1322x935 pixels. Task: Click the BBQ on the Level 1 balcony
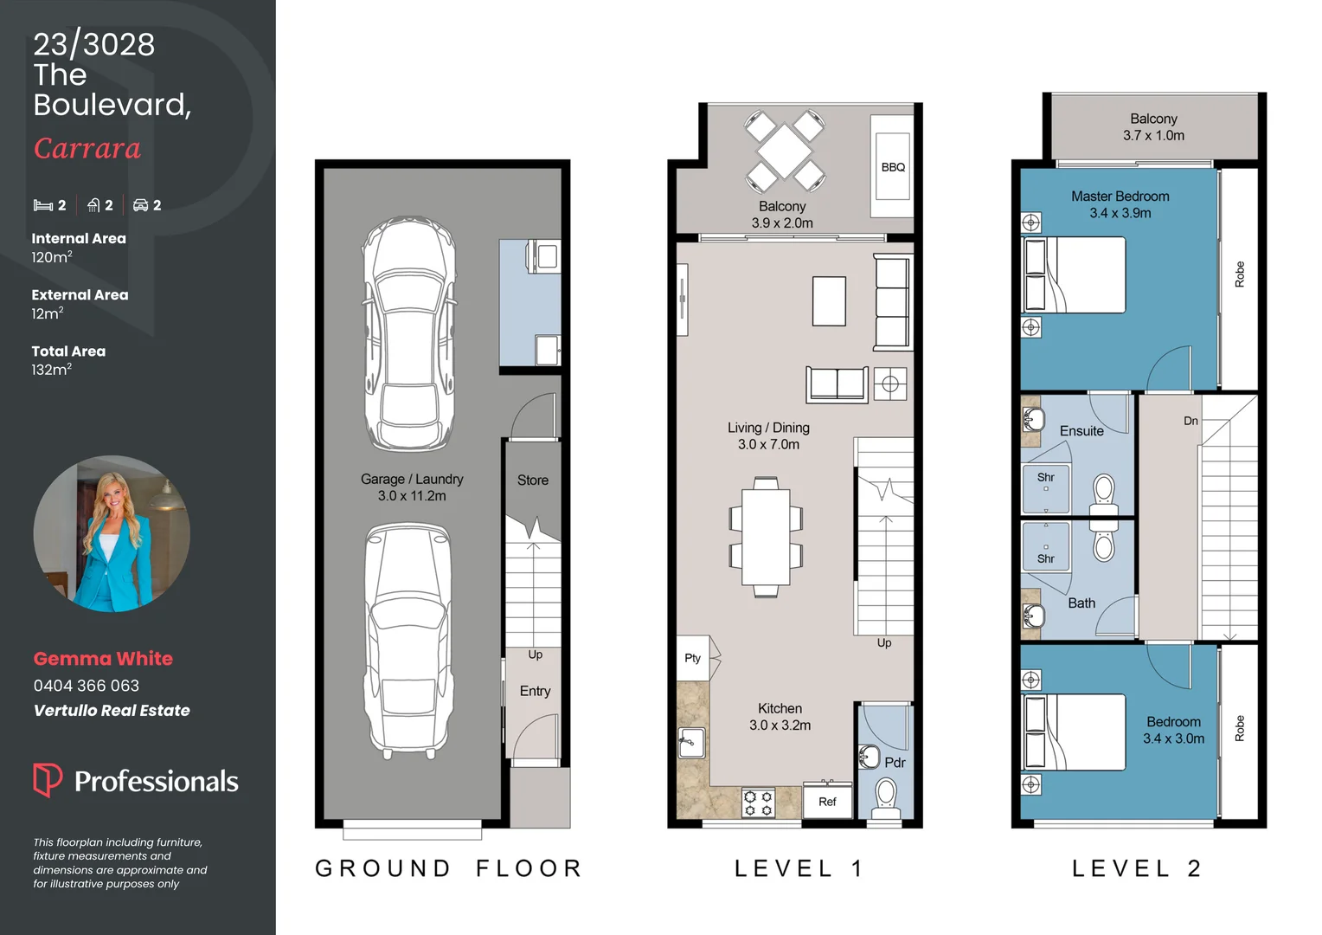tap(892, 166)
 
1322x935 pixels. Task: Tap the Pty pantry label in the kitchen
tap(692, 658)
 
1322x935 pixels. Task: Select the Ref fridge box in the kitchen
tap(827, 801)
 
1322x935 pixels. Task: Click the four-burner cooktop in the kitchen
tap(759, 803)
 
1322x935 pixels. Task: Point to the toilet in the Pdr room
tap(886, 798)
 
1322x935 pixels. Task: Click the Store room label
tap(533, 480)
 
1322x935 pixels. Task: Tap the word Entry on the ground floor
tap(536, 691)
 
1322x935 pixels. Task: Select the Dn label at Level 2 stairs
tap(1191, 421)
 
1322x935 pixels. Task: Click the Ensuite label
tap(1081, 431)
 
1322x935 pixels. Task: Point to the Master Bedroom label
tap(1120, 197)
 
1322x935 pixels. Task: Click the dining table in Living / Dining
tap(766, 537)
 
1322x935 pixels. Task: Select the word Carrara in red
tap(87, 148)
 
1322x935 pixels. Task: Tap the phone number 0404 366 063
tap(87, 686)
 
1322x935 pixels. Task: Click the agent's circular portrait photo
tap(112, 533)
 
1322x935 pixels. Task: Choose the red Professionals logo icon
tap(48, 780)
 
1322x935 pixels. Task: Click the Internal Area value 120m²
tap(52, 257)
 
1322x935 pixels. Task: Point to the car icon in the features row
tap(140, 205)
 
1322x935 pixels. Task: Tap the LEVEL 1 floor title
tap(799, 868)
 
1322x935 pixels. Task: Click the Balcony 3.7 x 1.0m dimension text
tap(1153, 135)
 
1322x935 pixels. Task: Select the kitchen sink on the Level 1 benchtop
tap(691, 743)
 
